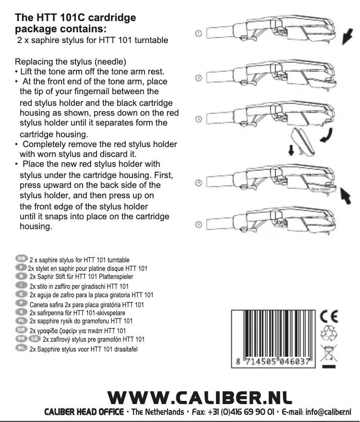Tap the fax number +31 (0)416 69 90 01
[x=232, y=412]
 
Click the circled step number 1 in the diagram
[x=198, y=34]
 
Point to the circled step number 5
[x=198, y=224]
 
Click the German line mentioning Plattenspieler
[x=81, y=277]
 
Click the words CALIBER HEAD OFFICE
[x=83, y=412]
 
